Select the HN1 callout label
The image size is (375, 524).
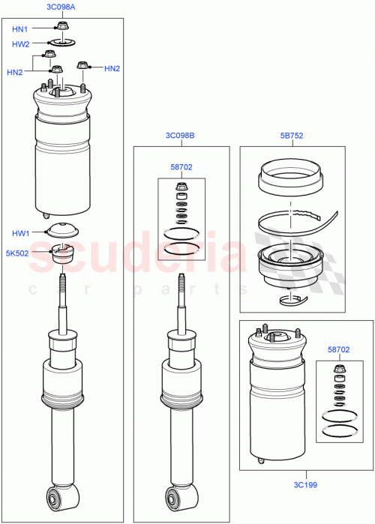[20, 29]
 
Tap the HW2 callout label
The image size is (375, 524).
[20, 44]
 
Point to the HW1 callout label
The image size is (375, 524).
[20, 233]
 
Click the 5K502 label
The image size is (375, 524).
[17, 253]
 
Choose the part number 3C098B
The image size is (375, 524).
[180, 136]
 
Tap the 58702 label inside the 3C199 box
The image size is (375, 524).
[338, 349]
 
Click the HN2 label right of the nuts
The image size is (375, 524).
[112, 68]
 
